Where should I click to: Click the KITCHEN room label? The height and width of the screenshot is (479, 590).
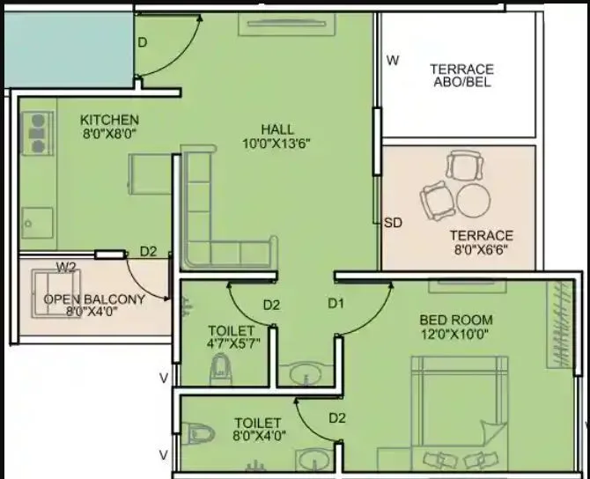109,120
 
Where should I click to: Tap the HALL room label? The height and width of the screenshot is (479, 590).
277,129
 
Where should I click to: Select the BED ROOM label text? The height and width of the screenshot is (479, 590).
455,320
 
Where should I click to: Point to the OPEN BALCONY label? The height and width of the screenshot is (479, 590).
94,299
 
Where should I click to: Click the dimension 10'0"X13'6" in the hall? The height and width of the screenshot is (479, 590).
277,143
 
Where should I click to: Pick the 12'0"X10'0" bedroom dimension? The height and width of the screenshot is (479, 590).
454,334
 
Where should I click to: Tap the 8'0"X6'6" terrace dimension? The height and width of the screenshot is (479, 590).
481,249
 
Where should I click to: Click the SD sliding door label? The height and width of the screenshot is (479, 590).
393,223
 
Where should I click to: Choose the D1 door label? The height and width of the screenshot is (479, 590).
336,304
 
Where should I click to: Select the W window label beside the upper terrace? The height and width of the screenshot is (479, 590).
394,61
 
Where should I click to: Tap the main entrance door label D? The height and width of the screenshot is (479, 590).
142,42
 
